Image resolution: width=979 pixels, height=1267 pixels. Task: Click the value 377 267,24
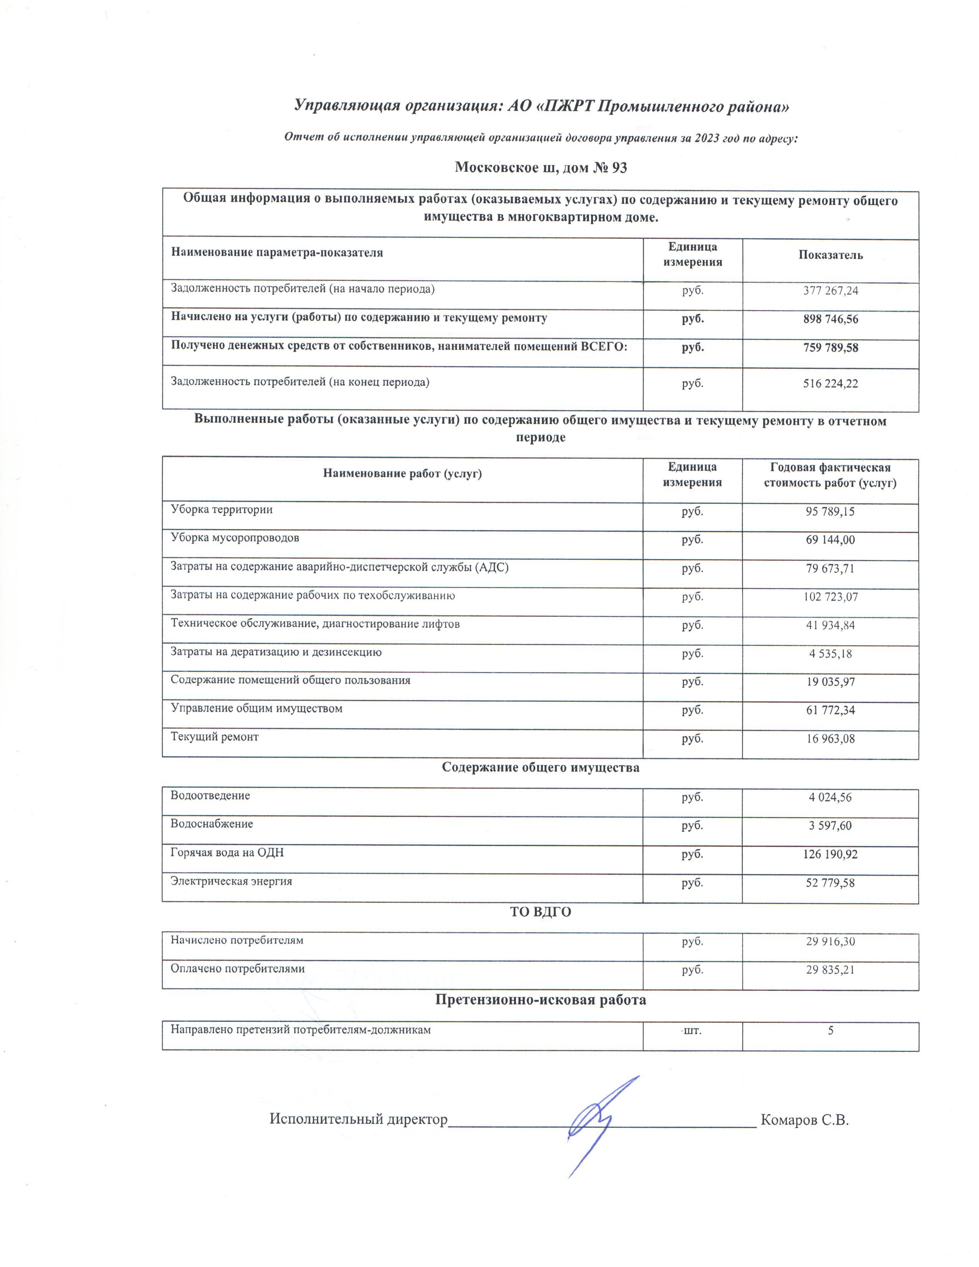pyautogui.click(x=830, y=291)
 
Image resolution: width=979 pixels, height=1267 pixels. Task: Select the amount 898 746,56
pyautogui.click(x=830, y=319)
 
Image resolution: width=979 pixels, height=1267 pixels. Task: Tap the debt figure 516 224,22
pyautogui.click(x=830, y=384)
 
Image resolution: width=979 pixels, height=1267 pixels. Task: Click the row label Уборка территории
pyautogui.click(x=222, y=509)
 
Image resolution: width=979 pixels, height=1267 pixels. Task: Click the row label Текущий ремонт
pyautogui.click(x=215, y=737)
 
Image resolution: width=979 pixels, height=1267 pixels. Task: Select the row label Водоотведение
pyautogui.click(x=210, y=796)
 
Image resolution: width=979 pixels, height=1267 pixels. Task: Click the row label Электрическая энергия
pyautogui.click(x=231, y=881)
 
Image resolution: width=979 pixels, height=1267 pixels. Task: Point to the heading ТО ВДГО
pyautogui.click(x=541, y=912)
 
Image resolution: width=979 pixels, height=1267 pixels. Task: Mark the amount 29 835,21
pyautogui.click(x=830, y=969)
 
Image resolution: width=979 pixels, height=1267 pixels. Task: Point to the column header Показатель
pyautogui.click(x=830, y=255)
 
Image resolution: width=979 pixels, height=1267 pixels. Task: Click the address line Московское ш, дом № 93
pyautogui.click(x=541, y=168)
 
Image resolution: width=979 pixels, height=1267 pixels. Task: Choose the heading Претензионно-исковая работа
pyautogui.click(x=541, y=999)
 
